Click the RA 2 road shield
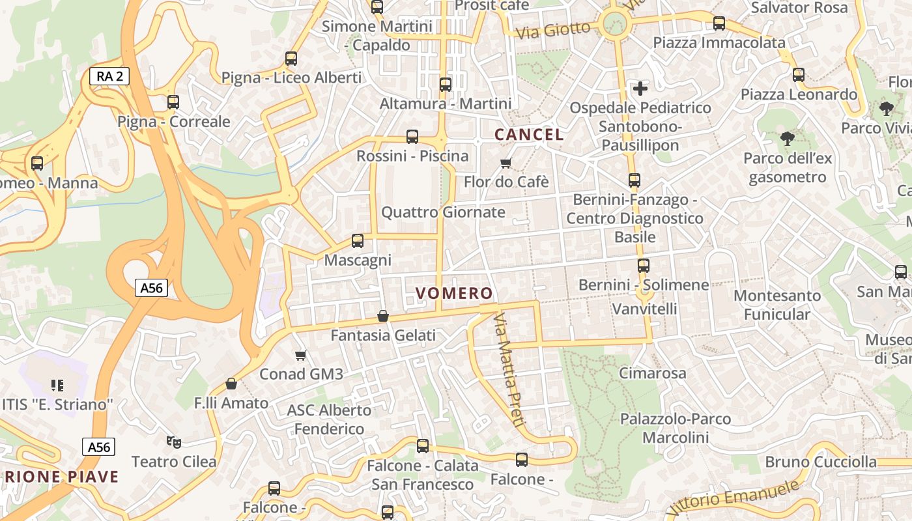(x=109, y=76)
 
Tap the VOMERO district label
(x=455, y=293)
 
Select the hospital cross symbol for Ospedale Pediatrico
(x=640, y=88)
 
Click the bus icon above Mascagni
(x=357, y=241)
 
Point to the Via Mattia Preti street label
(x=509, y=369)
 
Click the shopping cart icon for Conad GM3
(x=300, y=355)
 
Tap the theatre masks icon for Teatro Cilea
(x=173, y=442)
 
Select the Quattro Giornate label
(x=443, y=212)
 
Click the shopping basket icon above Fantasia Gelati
(x=383, y=316)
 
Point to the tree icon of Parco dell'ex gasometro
(x=787, y=138)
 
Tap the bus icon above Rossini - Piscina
(x=412, y=137)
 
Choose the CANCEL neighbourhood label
(x=529, y=135)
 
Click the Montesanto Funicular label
(x=777, y=305)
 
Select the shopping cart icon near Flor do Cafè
(x=506, y=163)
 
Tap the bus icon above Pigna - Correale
(x=173, y=102)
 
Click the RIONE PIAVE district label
(x=63, y=477)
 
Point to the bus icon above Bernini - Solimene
(x=643, y=266)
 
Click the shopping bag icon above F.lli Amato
(x=231, y=384)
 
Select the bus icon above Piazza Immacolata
(x=719, y=23)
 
